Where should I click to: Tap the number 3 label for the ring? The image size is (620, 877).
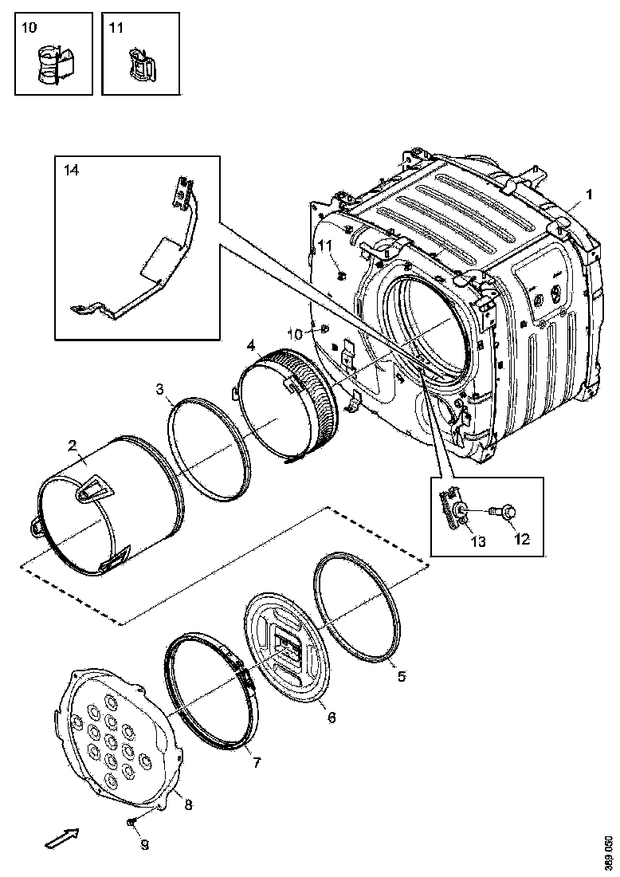click(x=159, y=388)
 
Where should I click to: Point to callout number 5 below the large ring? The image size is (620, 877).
click(x=402, y=676)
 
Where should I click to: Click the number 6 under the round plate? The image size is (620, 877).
click(x=332, y=718)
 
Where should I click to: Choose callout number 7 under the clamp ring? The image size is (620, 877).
click(x=256, y=762)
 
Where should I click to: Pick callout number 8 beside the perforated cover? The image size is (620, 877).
click(x=188, y=804)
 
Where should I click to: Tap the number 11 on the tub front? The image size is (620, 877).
click(x=325, y=245)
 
